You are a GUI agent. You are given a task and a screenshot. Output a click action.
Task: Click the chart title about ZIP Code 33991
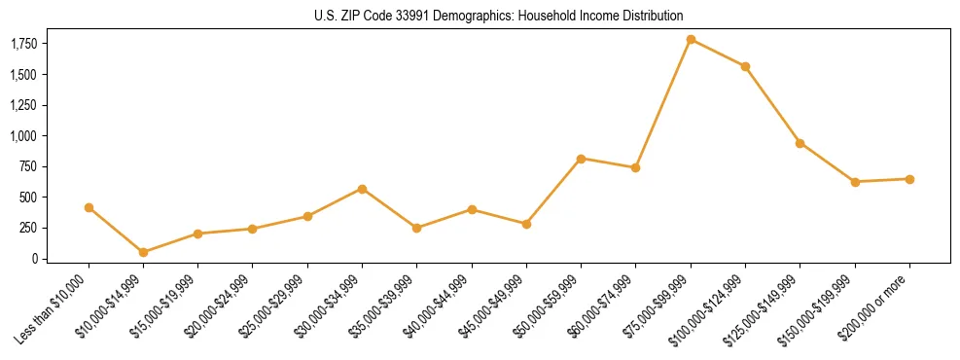(x=480, y=16)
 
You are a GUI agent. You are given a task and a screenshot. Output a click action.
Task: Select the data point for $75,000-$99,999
(x=691, y=39)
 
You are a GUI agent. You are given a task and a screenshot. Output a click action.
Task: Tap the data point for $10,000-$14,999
(x=144, y=252)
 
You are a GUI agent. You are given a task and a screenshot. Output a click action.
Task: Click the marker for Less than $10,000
(x=89, y=207)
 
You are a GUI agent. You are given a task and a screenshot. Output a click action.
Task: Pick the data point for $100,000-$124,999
(x=745, y=66)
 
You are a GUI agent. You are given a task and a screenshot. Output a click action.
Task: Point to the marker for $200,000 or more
(x=909, y=179)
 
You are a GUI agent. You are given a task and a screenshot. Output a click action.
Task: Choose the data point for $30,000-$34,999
(x=362, y=189)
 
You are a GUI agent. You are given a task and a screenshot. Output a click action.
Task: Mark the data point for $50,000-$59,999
(x=581, y=159)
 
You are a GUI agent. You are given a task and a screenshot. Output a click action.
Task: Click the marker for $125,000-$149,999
(x=800, y=143)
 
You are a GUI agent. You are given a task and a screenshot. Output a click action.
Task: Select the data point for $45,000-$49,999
(x=526, y=224)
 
